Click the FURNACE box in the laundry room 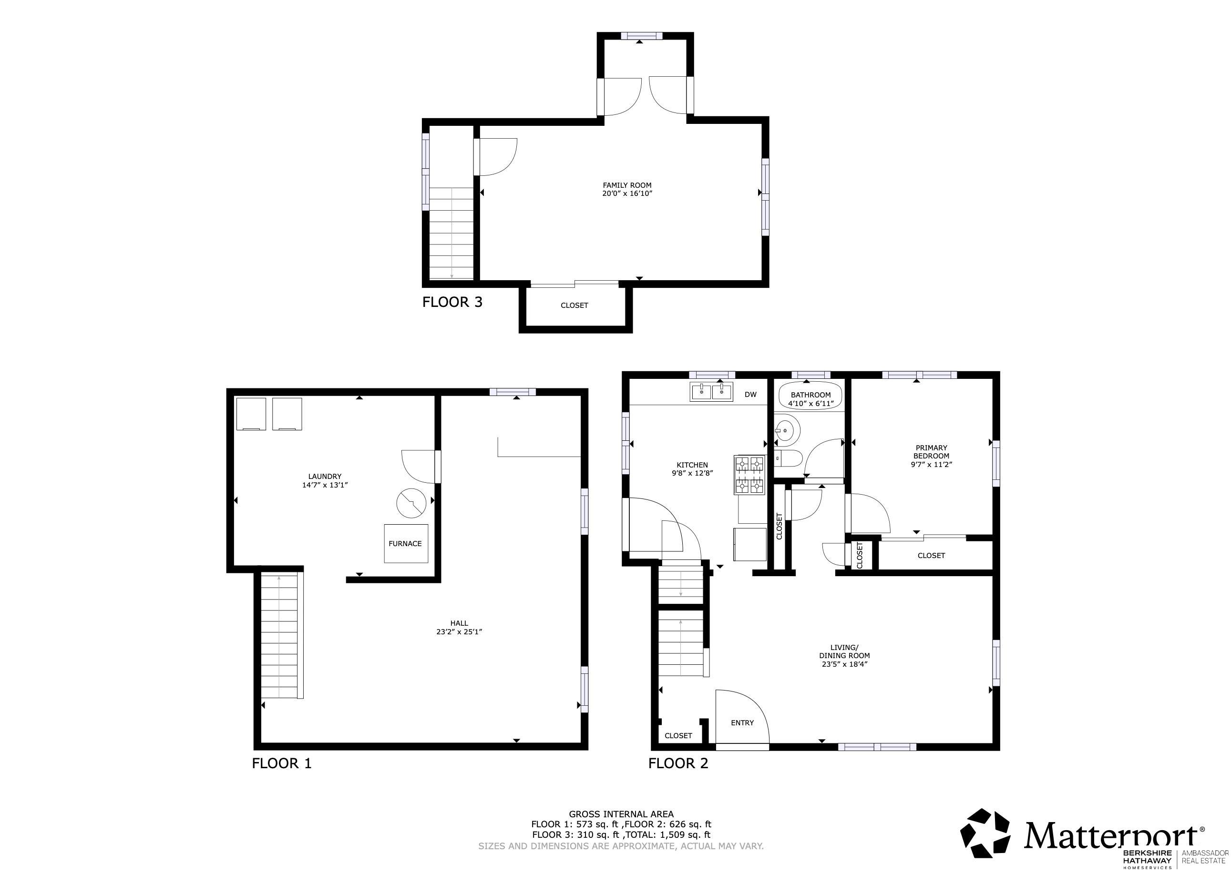(406, 544)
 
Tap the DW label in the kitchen (750, 395)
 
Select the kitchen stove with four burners (750, 475)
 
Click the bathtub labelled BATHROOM (810, 398)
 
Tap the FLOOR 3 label (452, 302)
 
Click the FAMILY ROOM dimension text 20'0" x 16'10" (627, 193)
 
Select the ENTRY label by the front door (742, 723)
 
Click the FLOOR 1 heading (281, 763)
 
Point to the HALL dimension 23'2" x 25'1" (459, 632)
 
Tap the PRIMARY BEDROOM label (931, 451)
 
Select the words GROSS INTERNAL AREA (621, 814)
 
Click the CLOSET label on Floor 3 (574, 305)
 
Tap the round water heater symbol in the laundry (411, 503)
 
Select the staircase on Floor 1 (279, 636)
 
